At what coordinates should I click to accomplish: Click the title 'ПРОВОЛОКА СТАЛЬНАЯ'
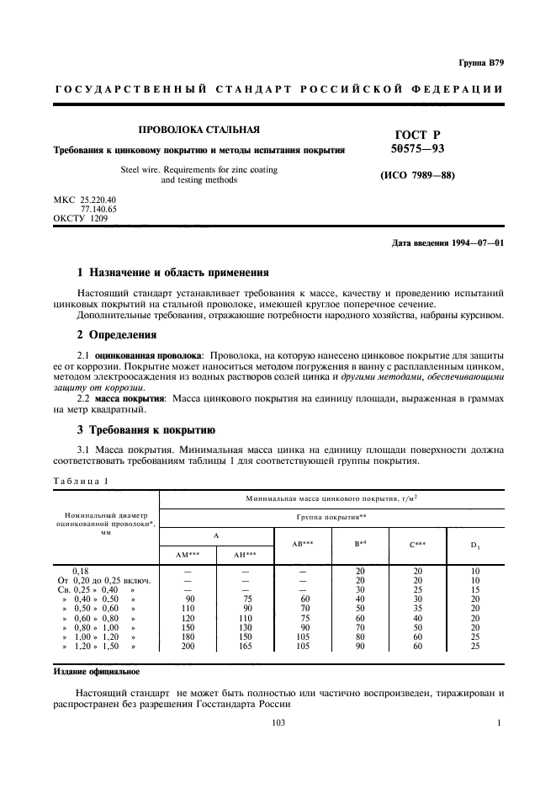click(x=199, y=130)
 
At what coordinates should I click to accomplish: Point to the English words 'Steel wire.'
click(x=144, y=169)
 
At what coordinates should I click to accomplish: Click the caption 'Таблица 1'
click(x=81, y=481)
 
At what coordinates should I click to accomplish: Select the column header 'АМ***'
click(x=187, y=554)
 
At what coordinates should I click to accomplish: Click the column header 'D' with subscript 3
click(x=474, y=545)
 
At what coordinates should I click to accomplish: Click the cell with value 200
click(x=188, y=646)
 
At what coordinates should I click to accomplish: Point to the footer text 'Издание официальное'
click(x=98, y=673)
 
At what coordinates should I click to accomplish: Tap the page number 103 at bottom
click(x=278, y=722)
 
